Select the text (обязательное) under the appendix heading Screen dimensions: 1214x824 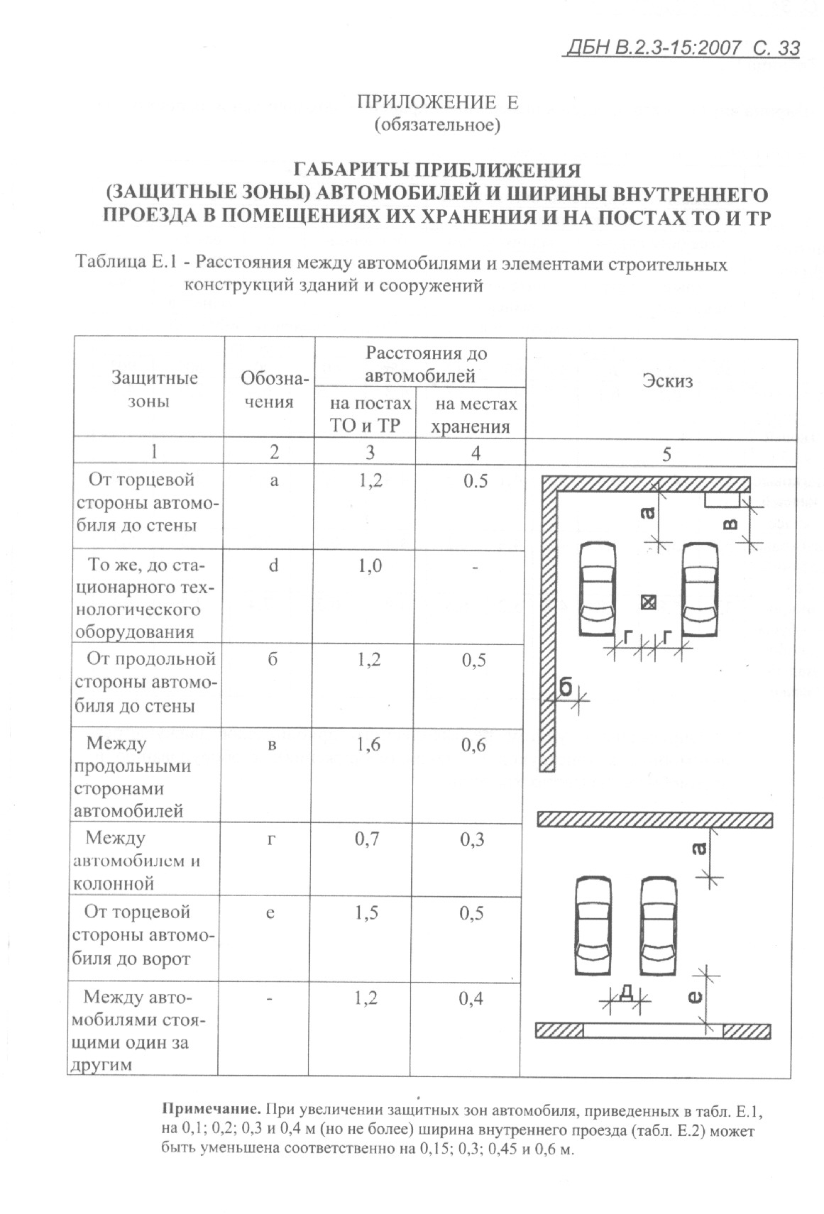(x=437, y=126)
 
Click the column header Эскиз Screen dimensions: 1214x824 (x=666, y=381)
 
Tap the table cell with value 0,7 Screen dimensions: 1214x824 (x=368, y=839)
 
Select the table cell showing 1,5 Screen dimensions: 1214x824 (x=367, y=912)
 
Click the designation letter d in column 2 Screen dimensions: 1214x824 (x=273, y=565)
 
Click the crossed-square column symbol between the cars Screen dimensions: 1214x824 (x=647, y=602)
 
